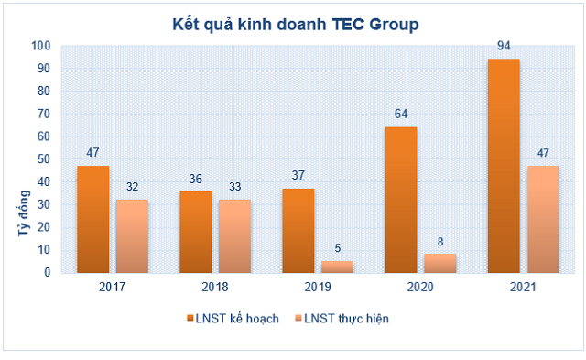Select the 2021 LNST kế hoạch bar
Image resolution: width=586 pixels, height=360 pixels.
[504, 165]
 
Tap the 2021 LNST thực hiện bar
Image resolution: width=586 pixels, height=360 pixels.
[542, 219]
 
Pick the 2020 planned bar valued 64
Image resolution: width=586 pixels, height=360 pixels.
[401, 199]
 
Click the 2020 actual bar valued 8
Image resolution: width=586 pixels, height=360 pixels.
[439, 263]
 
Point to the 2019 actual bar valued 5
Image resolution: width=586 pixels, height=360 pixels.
[337, 267]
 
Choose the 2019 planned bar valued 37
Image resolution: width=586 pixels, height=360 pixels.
[298, 230]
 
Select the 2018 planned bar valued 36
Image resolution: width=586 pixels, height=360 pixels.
[195, 231]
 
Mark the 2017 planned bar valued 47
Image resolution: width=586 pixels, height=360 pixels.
[92, 219]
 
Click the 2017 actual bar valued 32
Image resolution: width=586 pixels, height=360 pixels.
[131, 235]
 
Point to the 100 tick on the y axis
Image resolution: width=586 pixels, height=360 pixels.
[41, 46]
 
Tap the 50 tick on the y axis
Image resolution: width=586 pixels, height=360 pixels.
[45, 159]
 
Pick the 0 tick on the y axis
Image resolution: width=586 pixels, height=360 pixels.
[48, 272]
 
